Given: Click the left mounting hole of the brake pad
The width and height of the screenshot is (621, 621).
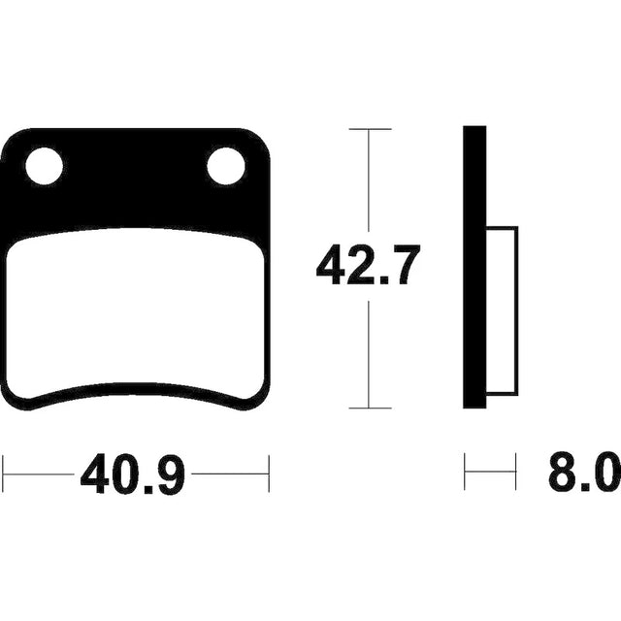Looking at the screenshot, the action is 44,166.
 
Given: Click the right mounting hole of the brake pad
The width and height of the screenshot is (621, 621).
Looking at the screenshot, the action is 226,166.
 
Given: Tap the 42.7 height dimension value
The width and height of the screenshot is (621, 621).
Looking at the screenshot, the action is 367,265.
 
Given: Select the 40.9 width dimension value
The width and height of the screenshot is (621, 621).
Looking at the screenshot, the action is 133,474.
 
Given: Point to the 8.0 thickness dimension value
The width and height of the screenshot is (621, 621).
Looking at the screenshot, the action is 585,473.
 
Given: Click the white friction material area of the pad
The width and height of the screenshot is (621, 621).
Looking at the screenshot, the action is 136,310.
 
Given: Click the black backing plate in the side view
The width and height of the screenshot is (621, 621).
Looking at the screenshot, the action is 474,267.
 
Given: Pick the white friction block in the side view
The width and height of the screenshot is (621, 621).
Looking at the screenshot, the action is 502,310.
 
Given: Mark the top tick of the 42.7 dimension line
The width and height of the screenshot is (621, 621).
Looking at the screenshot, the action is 370,129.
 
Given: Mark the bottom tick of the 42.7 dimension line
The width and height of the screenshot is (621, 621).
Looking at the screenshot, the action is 370,408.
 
